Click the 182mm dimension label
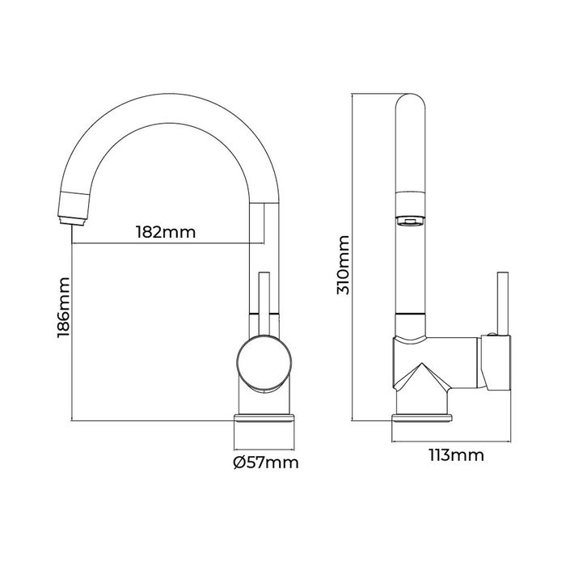click(167, 232)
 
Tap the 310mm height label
click(343, 264)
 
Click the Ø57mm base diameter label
click(264, 463)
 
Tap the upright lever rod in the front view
click(262, 303)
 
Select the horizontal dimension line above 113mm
click(450, 441)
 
